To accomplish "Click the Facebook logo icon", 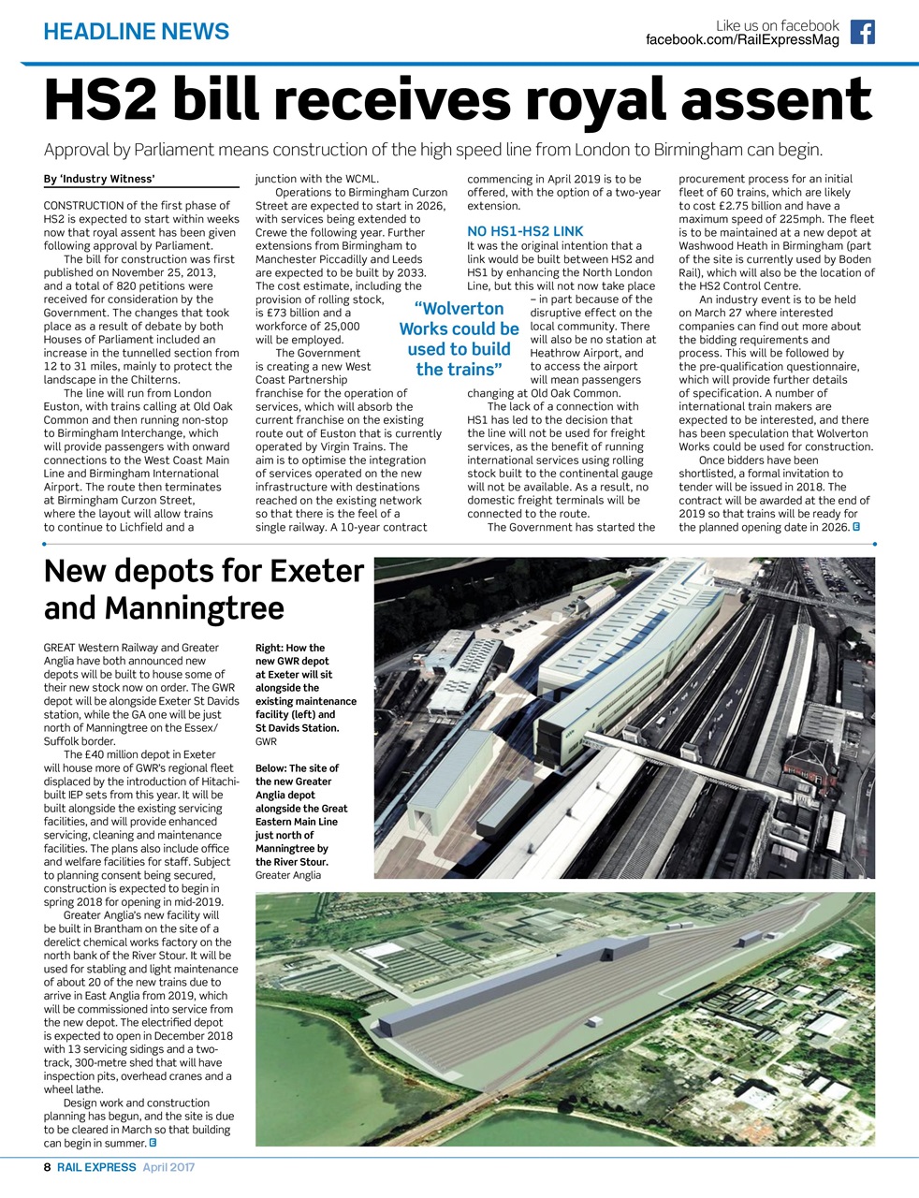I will (x=862, y=33).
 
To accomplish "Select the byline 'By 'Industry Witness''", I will (x=99, y=179).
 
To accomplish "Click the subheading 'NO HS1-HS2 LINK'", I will (x=525, y=231).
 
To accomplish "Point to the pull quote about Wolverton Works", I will (x=459, y=338).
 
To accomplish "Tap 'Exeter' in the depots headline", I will (x=315, y=571).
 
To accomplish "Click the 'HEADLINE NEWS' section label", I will (x=136, y=32).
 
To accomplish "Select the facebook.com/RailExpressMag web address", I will (x=742, y=40).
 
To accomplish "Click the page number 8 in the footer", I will (x=48, y=1168).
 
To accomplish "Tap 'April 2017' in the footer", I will (x=168, y=1168).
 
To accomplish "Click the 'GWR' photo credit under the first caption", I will (x=266, y=741).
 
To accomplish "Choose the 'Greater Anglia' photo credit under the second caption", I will (x=287, y=875).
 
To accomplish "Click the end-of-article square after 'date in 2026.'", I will (x=856, y=528).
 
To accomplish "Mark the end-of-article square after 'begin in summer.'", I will (x=153, y=1143).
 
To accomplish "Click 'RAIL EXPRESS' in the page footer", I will (x=95, y=1168).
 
